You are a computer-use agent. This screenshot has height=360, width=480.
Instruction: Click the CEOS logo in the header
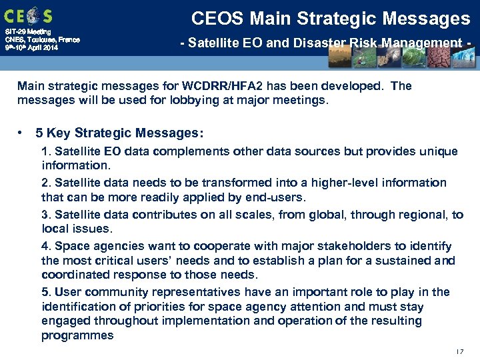click(x=28, y=15)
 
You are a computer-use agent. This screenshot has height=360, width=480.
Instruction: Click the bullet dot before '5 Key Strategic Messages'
click(x=23, y=133)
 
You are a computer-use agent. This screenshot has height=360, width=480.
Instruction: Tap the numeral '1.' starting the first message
click(x=46, y=151)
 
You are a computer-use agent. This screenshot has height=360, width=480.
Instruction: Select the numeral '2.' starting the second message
click(x=46, y=183)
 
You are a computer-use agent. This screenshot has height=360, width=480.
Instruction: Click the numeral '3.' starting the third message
click(x=46, y=215)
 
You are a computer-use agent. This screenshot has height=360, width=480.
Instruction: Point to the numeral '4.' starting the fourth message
click(x=46, y=247)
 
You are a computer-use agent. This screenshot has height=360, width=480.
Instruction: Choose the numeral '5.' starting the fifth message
click(x=46, y=292)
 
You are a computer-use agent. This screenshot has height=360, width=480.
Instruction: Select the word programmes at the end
click(x=77, y=335)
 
